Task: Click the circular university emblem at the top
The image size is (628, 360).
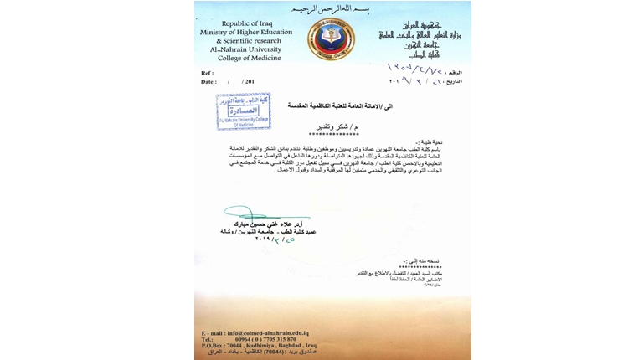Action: pos(331,39)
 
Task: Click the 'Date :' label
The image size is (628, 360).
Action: pos(208,81)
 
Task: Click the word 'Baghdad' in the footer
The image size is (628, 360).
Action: pos(296,347)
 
